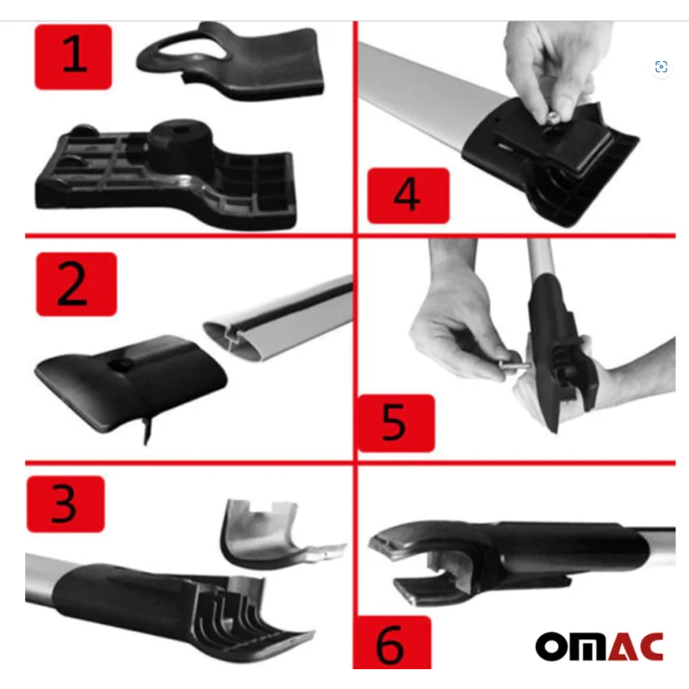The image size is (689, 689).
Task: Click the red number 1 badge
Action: (x=73, y=57)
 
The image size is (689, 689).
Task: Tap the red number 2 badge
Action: (x=77, y=284)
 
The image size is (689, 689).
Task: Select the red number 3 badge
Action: (x=65, y=504)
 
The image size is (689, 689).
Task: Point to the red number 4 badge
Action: (x=408, y=196)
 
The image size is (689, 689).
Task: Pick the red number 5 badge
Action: (x=395, y=423)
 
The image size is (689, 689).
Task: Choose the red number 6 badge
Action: (x=392, y=642)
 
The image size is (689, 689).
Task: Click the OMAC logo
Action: (x=599, y=647)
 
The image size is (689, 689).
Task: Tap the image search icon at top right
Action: (x=661, y=67)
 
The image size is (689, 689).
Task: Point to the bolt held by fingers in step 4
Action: (x=552, y=119)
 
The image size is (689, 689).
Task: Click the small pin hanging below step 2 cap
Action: (x=146, y=431)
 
